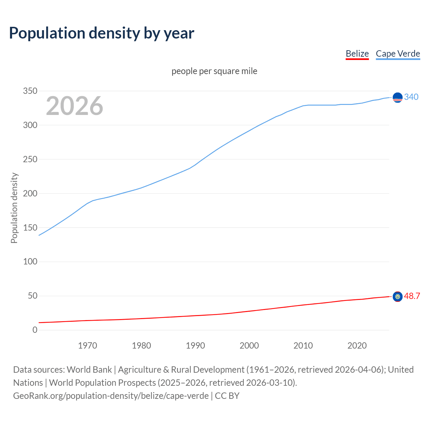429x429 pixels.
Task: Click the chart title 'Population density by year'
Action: click(102, 33)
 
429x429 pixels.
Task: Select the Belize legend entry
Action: click(357, 54)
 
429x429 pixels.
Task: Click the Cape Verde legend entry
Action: click(398, 54)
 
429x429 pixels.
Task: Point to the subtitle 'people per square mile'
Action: click(214, 71)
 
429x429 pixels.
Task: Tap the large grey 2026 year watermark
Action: click(74, 106)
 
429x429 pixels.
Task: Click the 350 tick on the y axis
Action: click(30, 91)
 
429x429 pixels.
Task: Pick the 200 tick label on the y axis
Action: click(30, 193)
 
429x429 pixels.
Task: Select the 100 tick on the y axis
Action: click(30, 262)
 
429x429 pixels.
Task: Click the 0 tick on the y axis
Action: click(35, 330)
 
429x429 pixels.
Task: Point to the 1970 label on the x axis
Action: click(87, 346)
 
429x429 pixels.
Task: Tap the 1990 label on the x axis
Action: click(195, 346)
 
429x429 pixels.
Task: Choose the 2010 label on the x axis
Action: click(303, 346)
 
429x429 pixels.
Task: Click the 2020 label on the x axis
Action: click(357, 346)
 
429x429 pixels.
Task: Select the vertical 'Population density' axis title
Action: click(14, 208)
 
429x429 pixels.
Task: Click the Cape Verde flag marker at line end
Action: click(397, 98)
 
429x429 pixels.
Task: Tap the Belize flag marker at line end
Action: click(397, 297)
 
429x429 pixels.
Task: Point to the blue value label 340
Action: click(411, 97)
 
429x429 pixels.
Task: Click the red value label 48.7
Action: click(412, 296)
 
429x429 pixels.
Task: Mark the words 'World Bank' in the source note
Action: click(89, 370)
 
